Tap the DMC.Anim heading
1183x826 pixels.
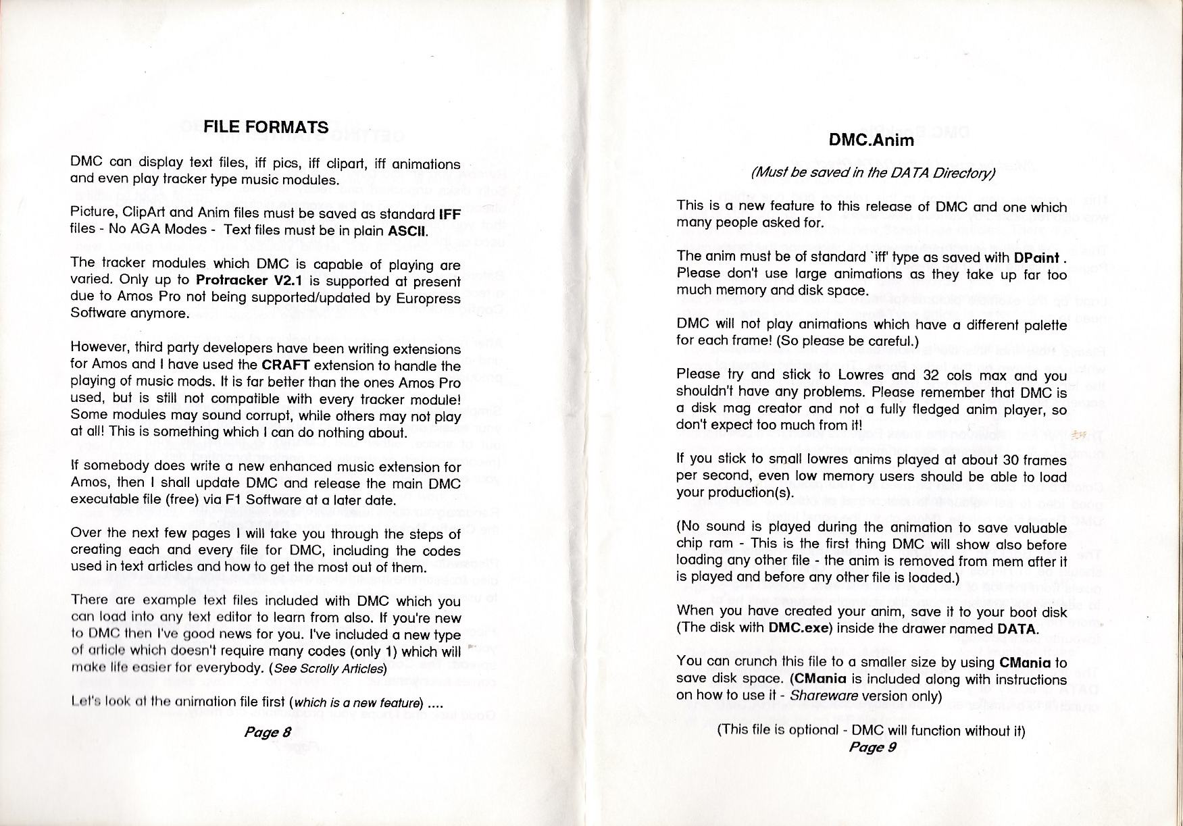click(x=872, y=140)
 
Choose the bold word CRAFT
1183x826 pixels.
click(x=286, y=365)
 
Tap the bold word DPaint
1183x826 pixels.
click(x=1036, y=258)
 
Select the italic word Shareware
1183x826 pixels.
click(x=824, y=695)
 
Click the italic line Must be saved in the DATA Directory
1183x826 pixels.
click(x=873, y=173)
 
